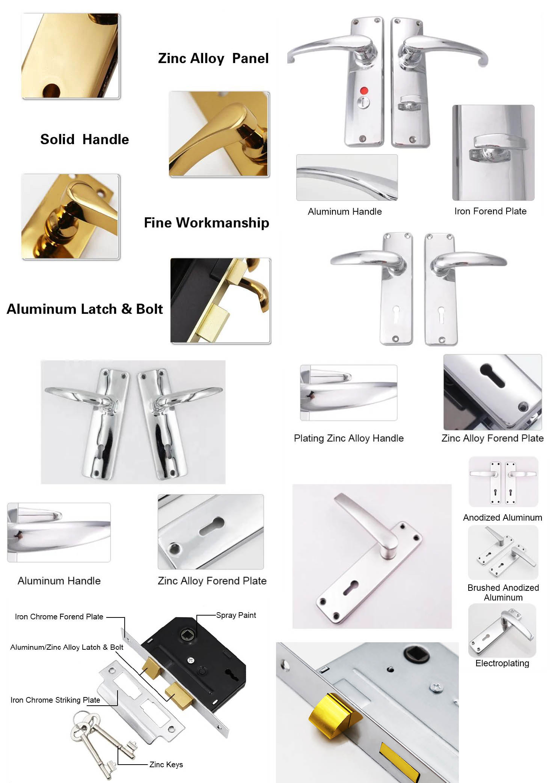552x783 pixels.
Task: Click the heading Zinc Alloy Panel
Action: (x=213, y=59)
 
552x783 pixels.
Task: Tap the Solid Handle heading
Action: (x=84, y=140)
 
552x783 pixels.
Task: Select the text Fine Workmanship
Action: (x=207, y=223)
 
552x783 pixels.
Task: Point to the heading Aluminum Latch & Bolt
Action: (x=85, y=309)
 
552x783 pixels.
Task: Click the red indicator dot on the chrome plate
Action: (x=364, y=91)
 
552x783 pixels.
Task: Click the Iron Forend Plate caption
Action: (x=490, y=211)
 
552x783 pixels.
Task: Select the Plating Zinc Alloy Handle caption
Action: (x=348, y=438)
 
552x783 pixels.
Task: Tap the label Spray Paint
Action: (x=236, y=615)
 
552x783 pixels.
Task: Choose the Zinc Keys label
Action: (x=166, y=765)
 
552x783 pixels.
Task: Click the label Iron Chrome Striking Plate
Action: (x=55, y=700)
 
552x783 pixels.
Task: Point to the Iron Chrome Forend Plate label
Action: (x=59, y=617)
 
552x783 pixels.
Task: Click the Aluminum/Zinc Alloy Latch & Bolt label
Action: (x=67, y=647)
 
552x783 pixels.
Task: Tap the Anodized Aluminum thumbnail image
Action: (x=503, y=482)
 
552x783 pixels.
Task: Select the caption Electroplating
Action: (x=502, y=663)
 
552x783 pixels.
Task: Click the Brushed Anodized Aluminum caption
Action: (x=503, y=592)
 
